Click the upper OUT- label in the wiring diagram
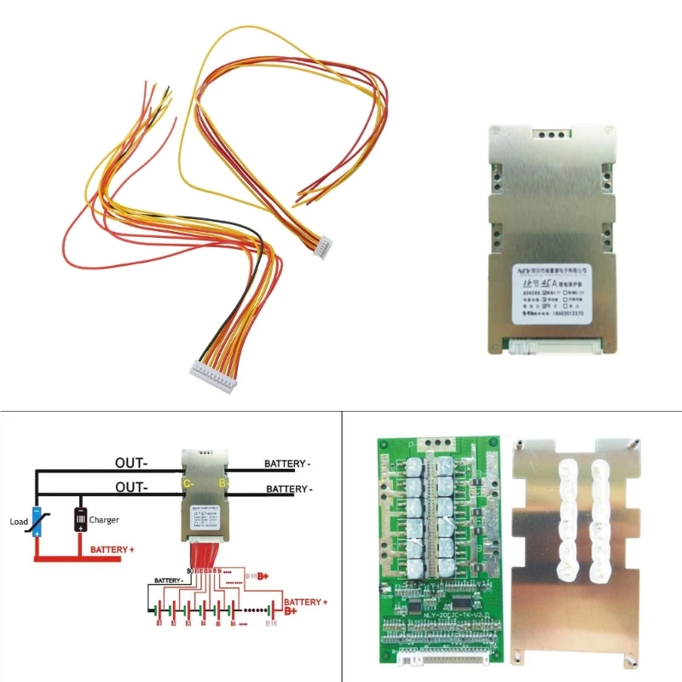tap(133, 464)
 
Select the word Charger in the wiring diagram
tap(103, 519)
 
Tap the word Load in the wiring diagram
tap(18, 521)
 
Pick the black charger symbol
tap(80, 518)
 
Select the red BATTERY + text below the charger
tap(113, 551)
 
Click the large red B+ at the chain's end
tap(290, 611)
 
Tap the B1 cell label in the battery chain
tap(158, 625)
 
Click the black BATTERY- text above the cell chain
tap(170, 580)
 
